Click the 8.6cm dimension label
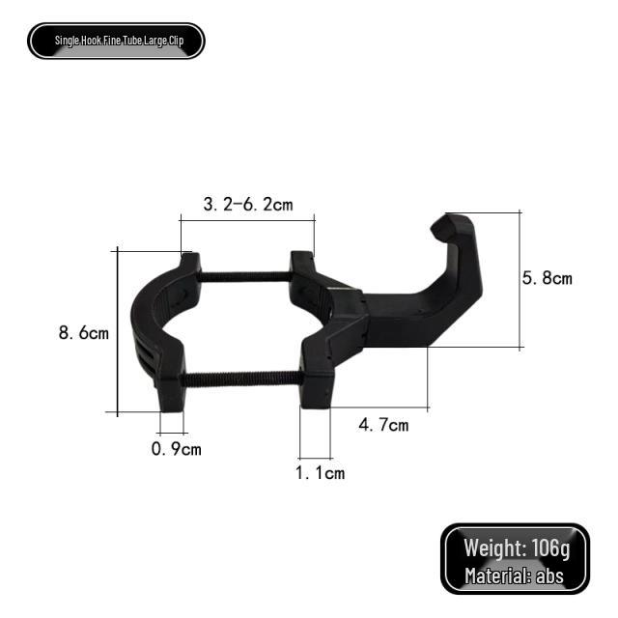point(83,333)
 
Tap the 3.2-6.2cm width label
point(247,204)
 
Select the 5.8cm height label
point(547,278)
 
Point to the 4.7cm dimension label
point(383,424)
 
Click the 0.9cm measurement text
point(177,449)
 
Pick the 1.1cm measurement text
point(320,472)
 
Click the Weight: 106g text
point(517,548)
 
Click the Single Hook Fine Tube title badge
point(116,41)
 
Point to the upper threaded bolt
point(245,277)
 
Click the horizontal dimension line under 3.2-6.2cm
point(247,221)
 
